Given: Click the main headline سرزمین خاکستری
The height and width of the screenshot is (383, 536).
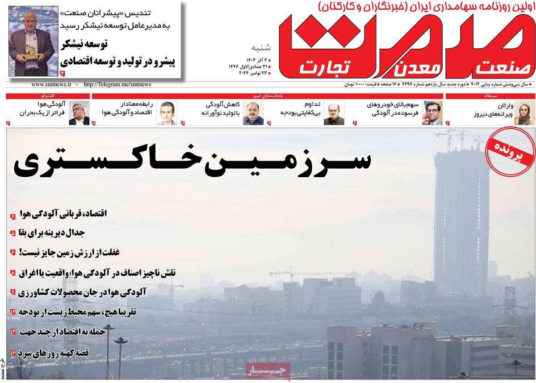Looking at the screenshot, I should click(192, 163).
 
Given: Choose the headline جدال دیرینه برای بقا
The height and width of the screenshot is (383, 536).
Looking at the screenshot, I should click(54, 233).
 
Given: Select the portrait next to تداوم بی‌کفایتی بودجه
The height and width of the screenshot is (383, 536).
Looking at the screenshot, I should click(331, 113).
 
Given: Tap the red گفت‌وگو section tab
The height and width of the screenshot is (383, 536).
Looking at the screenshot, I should click(47, 96).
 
